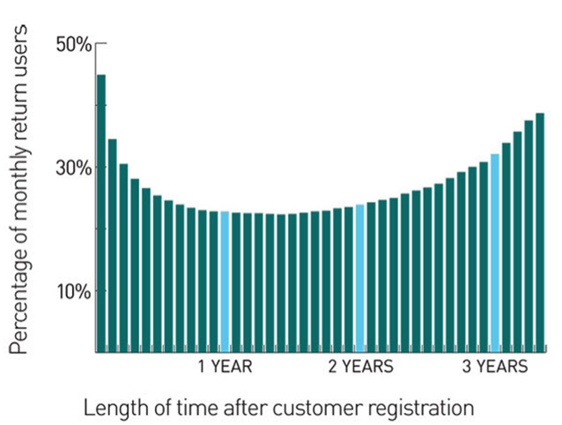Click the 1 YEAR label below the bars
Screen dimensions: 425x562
[x=225, y=367]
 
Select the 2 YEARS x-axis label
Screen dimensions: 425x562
[x=361, y=367]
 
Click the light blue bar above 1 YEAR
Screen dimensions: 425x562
[x=225, y=282]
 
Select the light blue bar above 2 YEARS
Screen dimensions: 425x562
[x=359, y=278]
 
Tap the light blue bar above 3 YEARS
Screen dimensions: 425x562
[x=495, y=253]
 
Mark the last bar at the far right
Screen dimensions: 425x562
[x=540, y=232]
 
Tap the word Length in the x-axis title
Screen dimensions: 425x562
[x=110, y=408]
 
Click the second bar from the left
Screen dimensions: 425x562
[x=113, y=245]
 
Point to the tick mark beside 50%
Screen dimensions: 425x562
[x=99, y=42]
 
